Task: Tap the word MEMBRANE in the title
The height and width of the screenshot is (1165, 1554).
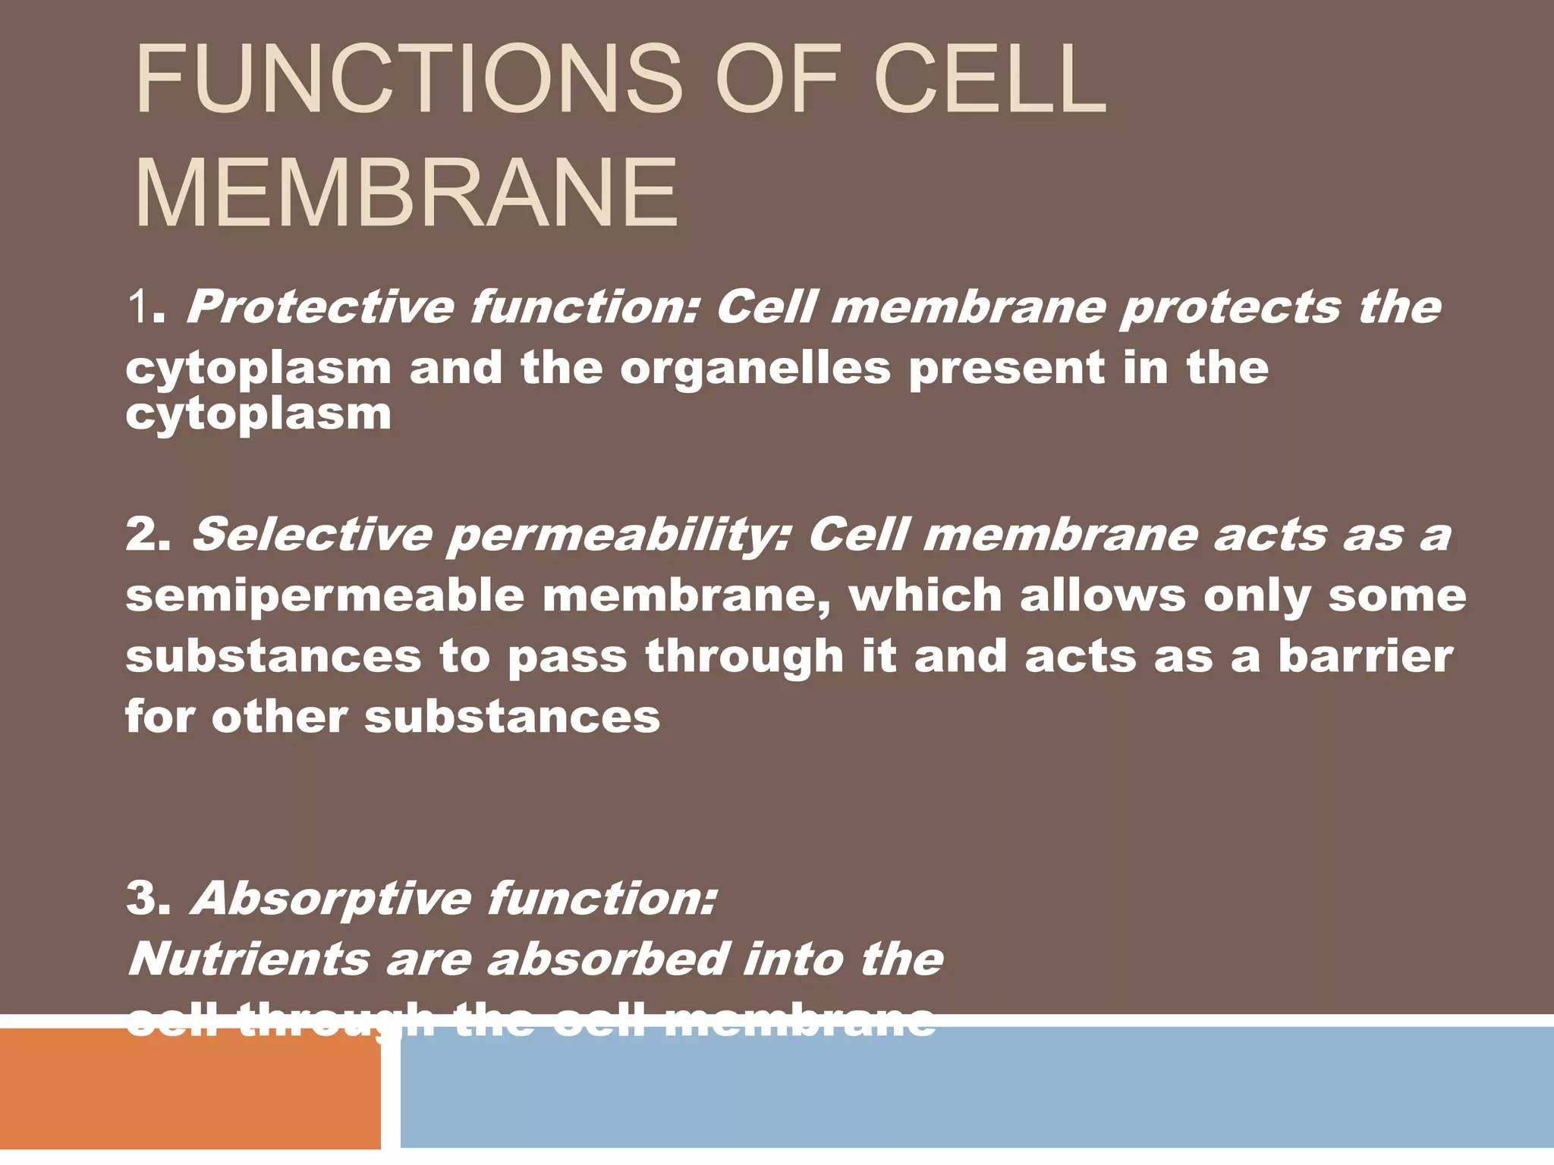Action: pos(406,193)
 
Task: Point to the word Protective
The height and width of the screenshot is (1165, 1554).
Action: pos(319,307)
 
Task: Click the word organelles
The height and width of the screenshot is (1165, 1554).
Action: pos(755,369)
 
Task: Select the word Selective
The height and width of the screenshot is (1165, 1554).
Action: pos(311,535)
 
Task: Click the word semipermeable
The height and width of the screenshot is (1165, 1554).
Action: pos(325,596)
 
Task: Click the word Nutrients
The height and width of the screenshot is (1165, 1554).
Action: pos(249,959)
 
